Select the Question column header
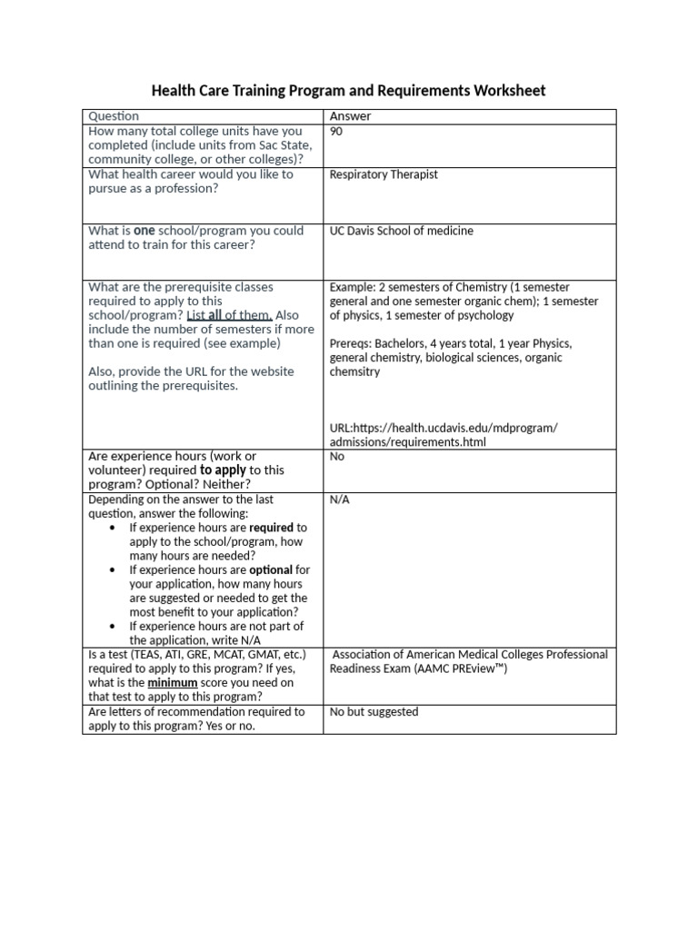click(114, 116)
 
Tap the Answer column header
click(350, 116)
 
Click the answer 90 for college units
click(336, 132)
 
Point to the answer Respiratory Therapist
click(384, 174)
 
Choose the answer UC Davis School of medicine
click(401, 231)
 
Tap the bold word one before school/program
click(145, 231)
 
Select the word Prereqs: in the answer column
click(351, 344)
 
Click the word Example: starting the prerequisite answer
click(352, 287)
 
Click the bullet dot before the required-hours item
click(111, 528)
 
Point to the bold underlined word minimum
click(173, 682)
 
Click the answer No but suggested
click(374, 712)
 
